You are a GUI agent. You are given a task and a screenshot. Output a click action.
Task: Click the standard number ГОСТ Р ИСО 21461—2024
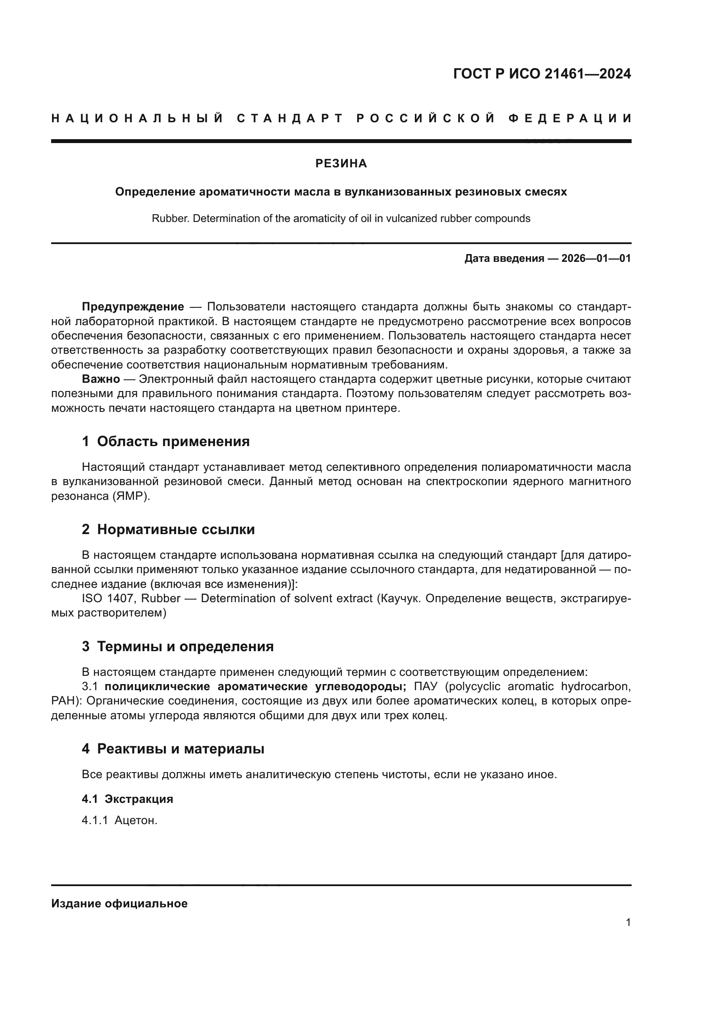coord(542,74)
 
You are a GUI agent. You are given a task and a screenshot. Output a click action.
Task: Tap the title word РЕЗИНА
coord(341,163)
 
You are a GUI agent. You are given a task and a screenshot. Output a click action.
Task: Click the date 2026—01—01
coord(596,258)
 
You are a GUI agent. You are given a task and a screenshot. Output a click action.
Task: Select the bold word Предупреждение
coord(133,307)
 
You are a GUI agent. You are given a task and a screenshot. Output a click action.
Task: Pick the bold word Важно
coord(101,379)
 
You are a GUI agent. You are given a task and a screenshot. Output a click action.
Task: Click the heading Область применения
coord(173,441)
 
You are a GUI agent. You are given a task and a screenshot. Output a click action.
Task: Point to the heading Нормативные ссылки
coord(176,529)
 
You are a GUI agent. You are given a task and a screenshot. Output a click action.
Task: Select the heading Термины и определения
coord(185,646)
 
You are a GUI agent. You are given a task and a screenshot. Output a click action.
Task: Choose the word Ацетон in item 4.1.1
coord(136,821)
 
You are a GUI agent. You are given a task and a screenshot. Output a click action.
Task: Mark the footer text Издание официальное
coord(119,903)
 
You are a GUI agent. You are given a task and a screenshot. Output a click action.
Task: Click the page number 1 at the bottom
coord(628,922)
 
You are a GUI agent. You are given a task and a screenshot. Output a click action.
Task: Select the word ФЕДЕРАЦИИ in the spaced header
coord(570,118)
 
